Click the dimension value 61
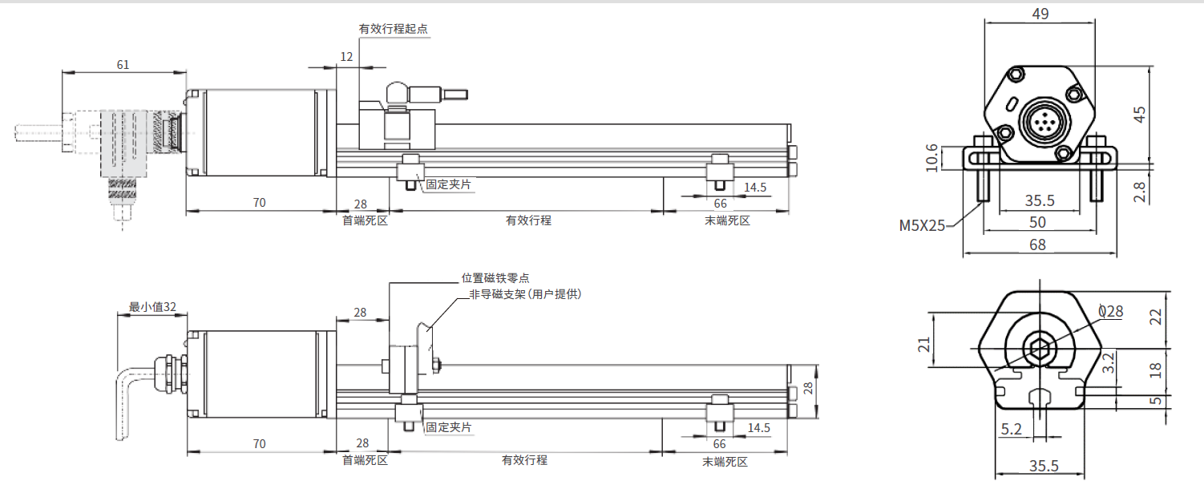click(123, 65)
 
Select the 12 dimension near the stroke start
click(346, 57)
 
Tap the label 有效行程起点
click(393, 29)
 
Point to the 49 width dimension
click(1040, 14)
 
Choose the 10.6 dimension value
click(931, 158)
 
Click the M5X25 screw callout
click(922, 226)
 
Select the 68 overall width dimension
click(1037, 245)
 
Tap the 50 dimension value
click(1037, 222)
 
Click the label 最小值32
click(152, 306)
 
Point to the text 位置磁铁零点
click(495, 278)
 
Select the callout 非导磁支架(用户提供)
click(525, 294)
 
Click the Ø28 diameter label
click(1110, 311)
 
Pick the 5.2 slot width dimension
click(1011, 430)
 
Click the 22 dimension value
click(1155, 317)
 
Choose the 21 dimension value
click(924, 344)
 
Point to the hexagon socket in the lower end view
click(1040, 349)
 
